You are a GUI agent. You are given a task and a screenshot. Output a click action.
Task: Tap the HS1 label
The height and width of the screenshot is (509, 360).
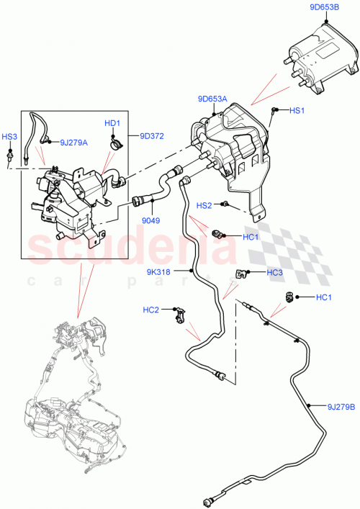297,111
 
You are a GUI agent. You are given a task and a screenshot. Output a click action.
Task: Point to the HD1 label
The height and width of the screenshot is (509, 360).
112,123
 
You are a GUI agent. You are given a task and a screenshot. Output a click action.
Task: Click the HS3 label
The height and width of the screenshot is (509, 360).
9,136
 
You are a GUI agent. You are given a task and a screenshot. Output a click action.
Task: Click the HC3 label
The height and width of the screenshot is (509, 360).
274,272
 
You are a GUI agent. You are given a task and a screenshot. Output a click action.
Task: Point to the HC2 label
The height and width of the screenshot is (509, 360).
151,310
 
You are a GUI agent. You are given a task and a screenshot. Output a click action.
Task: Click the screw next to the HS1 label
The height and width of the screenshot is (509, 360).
275,109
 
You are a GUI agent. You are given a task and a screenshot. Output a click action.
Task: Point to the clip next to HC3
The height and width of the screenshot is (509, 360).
241,274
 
